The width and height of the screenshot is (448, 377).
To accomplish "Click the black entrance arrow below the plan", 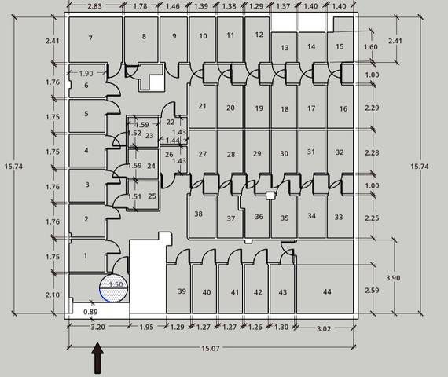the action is pyautogui.click(x=97, y=358).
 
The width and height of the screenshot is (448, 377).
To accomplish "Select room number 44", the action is pyautogui.click(x=327, y=291).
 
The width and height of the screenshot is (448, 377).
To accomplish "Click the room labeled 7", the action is pyautogui.click(x=90, y=38).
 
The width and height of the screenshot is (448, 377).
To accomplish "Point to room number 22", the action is pyautogui.click(x=171, y=122).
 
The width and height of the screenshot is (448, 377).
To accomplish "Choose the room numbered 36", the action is pyautogui.click(x=259, y=217).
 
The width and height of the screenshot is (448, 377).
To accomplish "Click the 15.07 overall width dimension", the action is pyautogui.click(x=211, y=349).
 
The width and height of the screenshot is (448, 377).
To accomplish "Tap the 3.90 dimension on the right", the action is pyautogui.click(x=393, y=277).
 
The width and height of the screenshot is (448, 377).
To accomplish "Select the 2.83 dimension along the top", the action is pyautogui.click(x=94, y=6).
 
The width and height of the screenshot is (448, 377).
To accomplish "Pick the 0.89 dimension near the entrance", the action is pyautogui.click(x=90, y=312).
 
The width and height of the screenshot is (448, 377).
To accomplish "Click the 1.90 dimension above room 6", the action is pyautogui.click(x=86, y=73).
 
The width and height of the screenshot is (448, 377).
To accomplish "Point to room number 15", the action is pyautogui.click(x=340, y=46).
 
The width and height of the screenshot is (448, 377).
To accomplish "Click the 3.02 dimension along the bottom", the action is pyautogui.click(x=324, y=329).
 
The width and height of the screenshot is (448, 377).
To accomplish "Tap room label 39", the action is pyautogui.click(x=182, y=291).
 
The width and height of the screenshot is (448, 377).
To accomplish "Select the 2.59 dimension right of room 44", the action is pyautogui.click(x=372, y=290).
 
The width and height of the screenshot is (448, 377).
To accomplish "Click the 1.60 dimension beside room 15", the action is pyautogui.click(x=370, y=47).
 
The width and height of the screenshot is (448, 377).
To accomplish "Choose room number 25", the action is pyautogui.click(x=152, y=196).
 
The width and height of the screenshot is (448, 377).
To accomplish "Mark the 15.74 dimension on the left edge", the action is pyautogui.click(x=13, y=167).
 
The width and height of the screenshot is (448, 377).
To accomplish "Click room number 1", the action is pyautogui.click(x=85, y=255).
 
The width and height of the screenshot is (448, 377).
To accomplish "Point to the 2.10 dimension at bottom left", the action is pyautogui.click(x=53, y=295).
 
